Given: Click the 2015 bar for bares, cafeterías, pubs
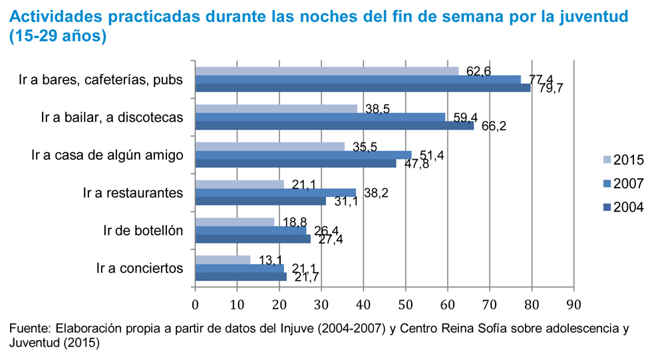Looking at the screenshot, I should (326, 71).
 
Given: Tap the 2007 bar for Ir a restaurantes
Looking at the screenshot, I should (275, 192).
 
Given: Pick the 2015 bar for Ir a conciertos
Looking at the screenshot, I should (222, 260).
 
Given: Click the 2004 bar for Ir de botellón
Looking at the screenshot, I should (252, 239).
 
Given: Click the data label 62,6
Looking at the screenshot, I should (478, 71).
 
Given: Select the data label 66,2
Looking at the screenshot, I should (494, 126).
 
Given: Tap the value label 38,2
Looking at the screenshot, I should (377, 193).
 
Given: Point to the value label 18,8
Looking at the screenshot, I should (295, 222).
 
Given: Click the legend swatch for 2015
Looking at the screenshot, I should (605, 160).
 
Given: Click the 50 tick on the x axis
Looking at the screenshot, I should (405, 305).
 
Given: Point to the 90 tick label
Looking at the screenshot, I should (573, 305).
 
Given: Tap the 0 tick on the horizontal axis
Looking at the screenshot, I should (195, 305).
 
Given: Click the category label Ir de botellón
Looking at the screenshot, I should (143, 231).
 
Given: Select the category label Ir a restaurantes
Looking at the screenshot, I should (133, 193).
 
